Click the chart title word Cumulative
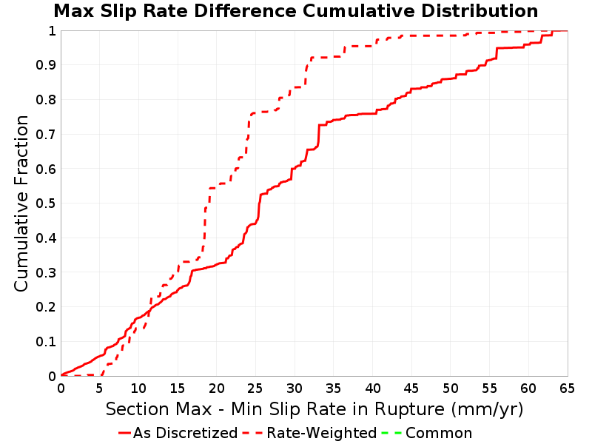(360, 11)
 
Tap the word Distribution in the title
(480, 11)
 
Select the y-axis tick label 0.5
(46, 203)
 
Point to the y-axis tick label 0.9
(46, 65)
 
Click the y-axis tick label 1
(52, 31)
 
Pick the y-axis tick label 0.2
(46, 307)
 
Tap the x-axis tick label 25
(255, 388)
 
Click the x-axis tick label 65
(568, 388)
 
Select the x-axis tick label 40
(373, 388)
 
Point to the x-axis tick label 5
(100, 388)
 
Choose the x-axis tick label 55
(490, 388)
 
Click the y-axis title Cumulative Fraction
(21, 203)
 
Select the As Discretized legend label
(186, 433)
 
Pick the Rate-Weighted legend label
(322, 433)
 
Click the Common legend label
(439, 433)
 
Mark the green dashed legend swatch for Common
(391, 433)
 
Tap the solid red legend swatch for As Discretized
(124, 433)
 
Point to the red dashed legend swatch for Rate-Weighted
(252, 433)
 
